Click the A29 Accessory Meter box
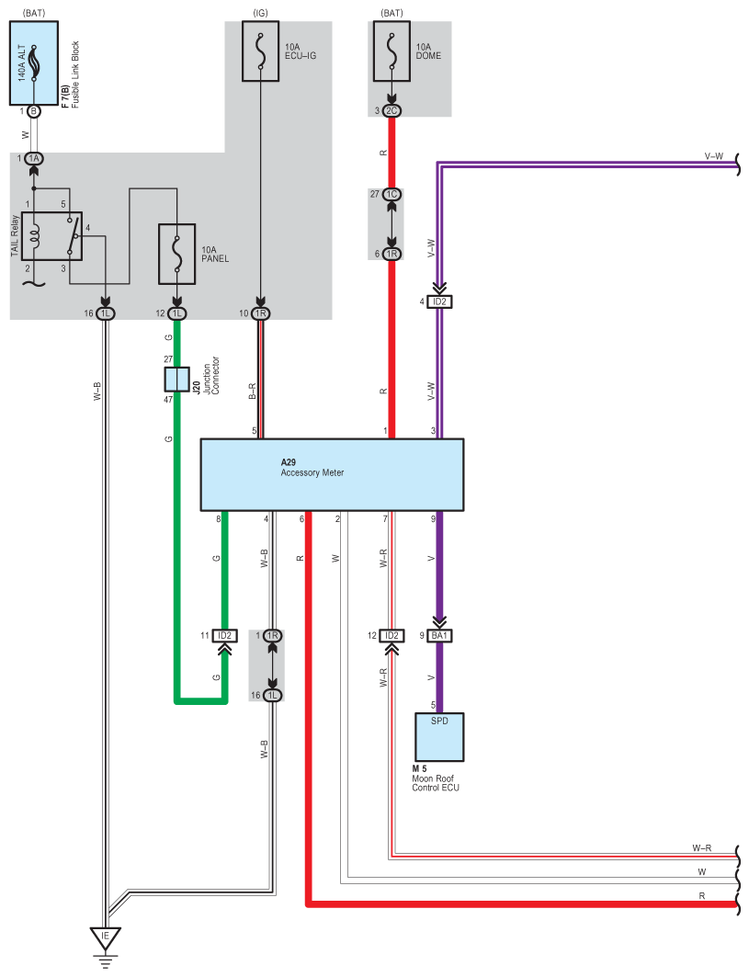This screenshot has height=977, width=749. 332,475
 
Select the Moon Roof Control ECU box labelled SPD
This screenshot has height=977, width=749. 439,737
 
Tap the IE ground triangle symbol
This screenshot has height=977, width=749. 105,938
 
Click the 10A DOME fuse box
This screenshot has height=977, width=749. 392,51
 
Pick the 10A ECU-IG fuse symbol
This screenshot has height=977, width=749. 260,51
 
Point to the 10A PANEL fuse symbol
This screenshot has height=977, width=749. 177,254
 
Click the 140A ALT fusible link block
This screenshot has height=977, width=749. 34,62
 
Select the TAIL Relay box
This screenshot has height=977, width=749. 51,236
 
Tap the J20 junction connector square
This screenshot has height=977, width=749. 176,379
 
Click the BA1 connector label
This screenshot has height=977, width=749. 439,635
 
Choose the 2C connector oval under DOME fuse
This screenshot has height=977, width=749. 392,111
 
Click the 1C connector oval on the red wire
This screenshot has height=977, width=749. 392,195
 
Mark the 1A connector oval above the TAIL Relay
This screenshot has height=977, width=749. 34,158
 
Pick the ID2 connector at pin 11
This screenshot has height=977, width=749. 224,635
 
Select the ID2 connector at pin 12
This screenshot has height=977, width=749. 392,635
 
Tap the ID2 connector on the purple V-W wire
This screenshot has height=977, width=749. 439,301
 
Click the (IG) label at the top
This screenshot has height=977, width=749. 260,13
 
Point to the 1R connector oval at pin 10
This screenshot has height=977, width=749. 260,313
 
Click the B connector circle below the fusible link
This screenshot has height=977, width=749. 34,111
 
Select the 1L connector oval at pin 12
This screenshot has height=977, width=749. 177,313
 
